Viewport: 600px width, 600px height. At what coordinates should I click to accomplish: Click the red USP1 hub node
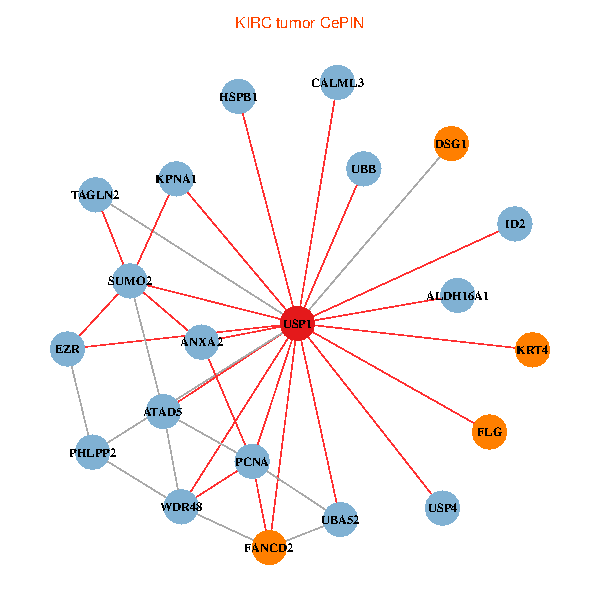[297, 324]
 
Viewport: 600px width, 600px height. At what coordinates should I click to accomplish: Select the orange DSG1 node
[451, 144]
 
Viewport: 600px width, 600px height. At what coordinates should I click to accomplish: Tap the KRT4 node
[533, 350]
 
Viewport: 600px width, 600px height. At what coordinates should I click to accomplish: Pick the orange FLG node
[490, 432]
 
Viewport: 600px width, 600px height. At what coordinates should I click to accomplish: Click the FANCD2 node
[269, 548]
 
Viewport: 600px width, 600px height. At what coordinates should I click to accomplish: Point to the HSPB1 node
[238, 97]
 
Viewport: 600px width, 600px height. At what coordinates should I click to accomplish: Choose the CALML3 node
[337, 82]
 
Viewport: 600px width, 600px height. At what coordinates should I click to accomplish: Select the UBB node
[363, 169]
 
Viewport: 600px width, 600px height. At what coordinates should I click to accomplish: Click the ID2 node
[515, 223]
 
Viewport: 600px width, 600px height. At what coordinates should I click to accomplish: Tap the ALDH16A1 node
[457, 296]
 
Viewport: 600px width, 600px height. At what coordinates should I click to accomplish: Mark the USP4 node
[442, 508]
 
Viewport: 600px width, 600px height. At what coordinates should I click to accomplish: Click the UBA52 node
[340, 519]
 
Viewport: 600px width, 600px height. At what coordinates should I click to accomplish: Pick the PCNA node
[252, 461]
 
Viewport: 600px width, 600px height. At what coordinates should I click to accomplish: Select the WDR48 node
[181, 507]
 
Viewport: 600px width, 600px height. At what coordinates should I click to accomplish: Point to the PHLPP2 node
[93, 453]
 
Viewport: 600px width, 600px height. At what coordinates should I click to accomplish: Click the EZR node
[67, 349]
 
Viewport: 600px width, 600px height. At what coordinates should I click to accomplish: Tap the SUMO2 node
[130, 281]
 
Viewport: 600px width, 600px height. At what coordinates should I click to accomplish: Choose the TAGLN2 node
[95, 194]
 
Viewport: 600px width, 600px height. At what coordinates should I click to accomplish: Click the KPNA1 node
[176, 179]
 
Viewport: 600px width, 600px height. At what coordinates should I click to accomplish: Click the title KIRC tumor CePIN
[299, 22]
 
